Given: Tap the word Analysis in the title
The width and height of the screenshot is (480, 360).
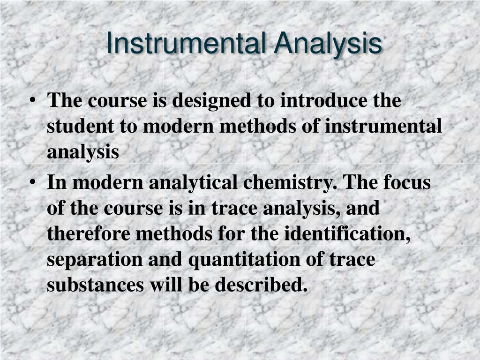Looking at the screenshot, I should pyautogui.click(x=328, y=44).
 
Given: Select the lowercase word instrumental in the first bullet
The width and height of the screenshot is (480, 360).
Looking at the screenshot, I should pyautogui.click(x=383, y=126).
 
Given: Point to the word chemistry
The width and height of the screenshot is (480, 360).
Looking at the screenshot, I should pyautogui.click(x=290, y=182).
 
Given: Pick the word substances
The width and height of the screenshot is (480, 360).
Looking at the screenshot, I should pyautogui.click(x=95, y=285).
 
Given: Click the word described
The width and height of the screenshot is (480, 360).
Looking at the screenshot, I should pyautogui.click(x=262, y=285).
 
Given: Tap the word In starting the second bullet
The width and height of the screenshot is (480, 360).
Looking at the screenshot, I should pyautogui.click(x=57, y=182).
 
